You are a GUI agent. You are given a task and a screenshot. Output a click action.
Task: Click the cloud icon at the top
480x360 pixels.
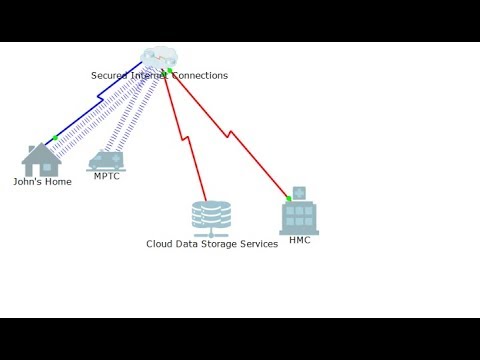pos(158,57)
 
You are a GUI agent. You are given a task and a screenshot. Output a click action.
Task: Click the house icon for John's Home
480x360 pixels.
pos(41,160)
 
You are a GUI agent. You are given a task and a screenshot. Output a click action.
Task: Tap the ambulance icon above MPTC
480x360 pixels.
pos(106,160)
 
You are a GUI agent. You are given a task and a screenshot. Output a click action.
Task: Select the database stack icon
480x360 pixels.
pos(211,217)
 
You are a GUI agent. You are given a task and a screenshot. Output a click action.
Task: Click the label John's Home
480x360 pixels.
pos(42,182)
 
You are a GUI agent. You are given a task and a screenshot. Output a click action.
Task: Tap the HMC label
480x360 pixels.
pos(299,240)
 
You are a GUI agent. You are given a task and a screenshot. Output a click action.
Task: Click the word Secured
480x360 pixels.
pos(110,75)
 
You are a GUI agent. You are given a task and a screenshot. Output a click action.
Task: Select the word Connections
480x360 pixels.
pos(200,75)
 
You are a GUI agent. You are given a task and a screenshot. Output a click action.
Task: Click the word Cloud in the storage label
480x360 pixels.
pos(160,244)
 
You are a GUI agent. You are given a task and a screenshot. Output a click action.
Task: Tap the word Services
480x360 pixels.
pos(259,244)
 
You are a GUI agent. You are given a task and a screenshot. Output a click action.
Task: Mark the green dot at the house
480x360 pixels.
pos(54,138)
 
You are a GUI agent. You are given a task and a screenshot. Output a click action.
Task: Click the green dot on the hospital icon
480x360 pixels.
pos(288,199)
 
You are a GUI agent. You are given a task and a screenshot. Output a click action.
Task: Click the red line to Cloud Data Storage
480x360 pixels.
pos(186,140)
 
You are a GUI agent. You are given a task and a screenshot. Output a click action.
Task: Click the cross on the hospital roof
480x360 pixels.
pos(298,192)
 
